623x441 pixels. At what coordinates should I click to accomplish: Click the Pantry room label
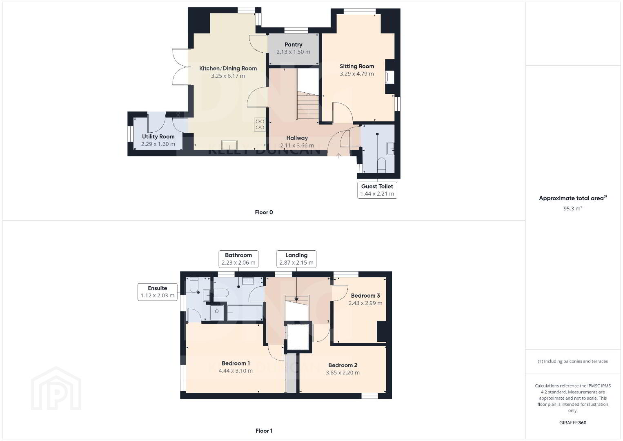(x=293, y=45)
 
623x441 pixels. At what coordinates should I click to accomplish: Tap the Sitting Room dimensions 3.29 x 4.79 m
(x=356, y=74)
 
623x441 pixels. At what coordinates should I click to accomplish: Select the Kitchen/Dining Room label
(x=228, y=69)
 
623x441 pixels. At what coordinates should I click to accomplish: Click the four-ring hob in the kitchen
(x=260, y=125)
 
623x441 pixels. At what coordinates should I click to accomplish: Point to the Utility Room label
(x=158, y=137)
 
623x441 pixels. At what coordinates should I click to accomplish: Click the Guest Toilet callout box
(x=377, y=190)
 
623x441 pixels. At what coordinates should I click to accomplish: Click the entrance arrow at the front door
(x=338, y=156)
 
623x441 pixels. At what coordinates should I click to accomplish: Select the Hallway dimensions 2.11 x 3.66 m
(x=297, y=145)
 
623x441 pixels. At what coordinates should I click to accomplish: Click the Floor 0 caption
(x=264, y=212)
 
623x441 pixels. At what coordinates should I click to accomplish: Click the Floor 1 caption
(x=264, y=431)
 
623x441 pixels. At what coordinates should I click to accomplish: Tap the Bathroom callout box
(x=238, y=259)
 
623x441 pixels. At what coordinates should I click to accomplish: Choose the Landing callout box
(x=296, y=259)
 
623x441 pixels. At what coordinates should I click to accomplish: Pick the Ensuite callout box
(x=158, y=292)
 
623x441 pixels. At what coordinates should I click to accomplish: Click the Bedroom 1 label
(x=236, y=363)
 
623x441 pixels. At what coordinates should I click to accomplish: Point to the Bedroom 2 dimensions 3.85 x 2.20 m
(x=343, y=373)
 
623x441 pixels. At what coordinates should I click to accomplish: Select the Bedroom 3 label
(x=365, y=296)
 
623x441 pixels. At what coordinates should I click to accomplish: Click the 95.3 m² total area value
(x=573, y=208)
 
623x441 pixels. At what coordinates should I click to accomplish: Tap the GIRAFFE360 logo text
(x=573, y=423)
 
